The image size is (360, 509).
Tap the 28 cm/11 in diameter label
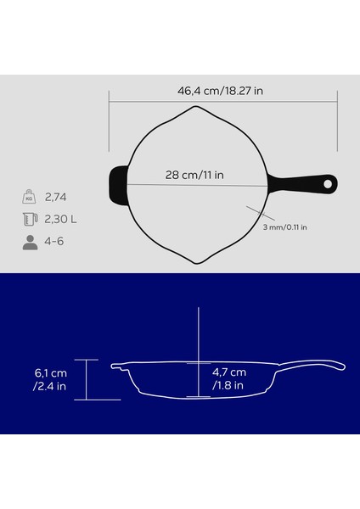tap(194, 176)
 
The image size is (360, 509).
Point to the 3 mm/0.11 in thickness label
tap(284, 227)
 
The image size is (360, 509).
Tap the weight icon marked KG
tap(29, 199)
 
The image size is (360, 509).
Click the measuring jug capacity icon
tap(29, 220)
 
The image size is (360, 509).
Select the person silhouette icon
tap(29, 242)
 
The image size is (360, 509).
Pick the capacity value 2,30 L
tap(62, 220)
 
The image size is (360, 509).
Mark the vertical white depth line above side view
tap(198, 335)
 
